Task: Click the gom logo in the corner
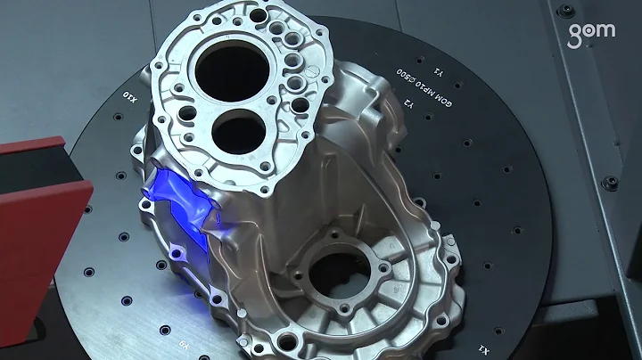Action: [592, 32]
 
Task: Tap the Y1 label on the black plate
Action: [437, 69]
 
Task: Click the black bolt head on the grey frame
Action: [610, 183]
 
